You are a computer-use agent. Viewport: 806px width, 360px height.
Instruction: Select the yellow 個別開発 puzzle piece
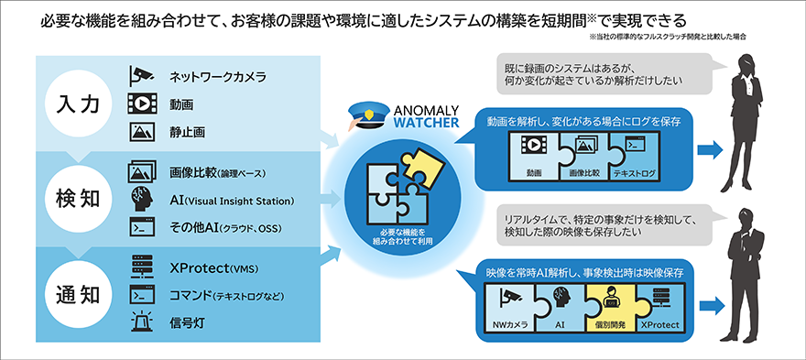coord(606,307)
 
